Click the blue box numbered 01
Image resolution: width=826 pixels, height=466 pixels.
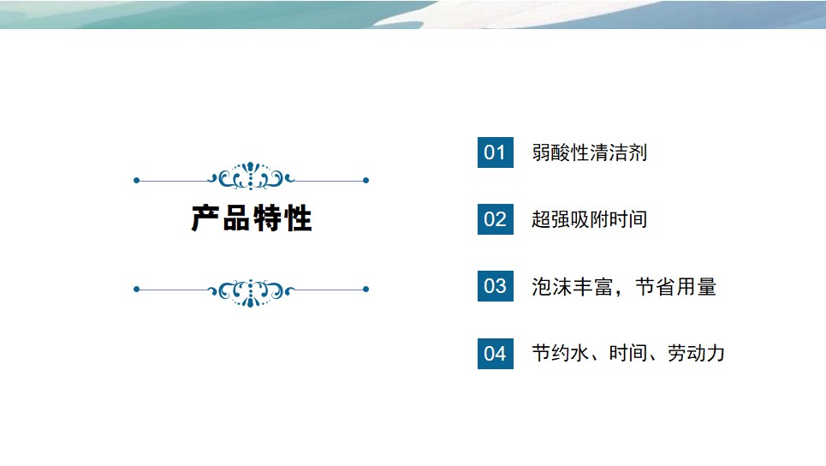coord(496,152)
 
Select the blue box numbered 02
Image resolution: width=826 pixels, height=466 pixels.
coord(496,219)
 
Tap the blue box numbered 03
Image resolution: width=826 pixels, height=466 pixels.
coord(496,286)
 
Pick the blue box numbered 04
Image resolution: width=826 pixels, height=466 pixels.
coord(496,353)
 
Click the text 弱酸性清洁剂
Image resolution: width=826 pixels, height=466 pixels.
coord(590,152)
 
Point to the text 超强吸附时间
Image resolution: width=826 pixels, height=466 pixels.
coord(590,219)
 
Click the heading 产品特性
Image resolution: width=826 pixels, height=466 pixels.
coord(252,218)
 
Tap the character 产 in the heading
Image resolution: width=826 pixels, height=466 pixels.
coord(205,218)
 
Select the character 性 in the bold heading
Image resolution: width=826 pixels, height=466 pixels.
coord(298,218)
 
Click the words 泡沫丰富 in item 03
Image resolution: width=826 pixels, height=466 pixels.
coord(572,287)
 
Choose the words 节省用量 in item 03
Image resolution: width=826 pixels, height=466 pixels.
coord(676,287)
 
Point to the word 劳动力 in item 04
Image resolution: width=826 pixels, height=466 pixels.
coord(696,353)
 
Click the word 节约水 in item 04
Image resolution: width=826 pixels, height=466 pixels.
coord(560,353)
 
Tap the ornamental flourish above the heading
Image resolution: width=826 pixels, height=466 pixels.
coord(251,176)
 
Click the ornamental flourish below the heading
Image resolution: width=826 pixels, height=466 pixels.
coord(251,293)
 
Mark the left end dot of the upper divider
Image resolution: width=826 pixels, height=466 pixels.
coord(136,180)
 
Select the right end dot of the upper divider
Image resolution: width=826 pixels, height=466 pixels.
coord(366,180)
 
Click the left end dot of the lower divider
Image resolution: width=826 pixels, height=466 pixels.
coord(136,289)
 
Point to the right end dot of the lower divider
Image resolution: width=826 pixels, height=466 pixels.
coord(366,289)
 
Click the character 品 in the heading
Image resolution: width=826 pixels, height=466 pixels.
coord(236,218)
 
